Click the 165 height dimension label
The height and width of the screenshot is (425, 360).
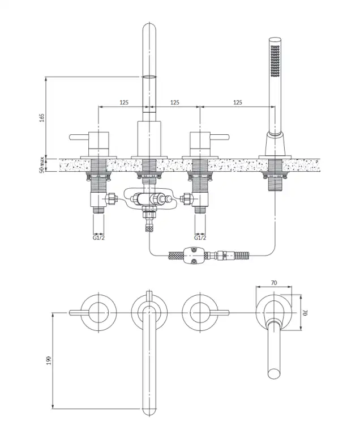click(42, 118)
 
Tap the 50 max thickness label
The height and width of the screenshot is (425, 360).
click(42, 164)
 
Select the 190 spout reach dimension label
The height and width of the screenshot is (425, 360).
click(49, 360)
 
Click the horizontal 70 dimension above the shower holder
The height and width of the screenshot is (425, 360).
click(274, 283)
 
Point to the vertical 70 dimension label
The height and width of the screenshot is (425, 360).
click(305, 312)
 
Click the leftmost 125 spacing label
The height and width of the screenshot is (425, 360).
click(124, 103)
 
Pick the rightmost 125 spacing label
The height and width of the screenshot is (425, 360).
click(238, 103)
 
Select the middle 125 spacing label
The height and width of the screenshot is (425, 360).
click(175, 103)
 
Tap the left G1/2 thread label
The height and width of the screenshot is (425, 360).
click(98, 237)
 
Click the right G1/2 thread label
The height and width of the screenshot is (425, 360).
click(200, 237)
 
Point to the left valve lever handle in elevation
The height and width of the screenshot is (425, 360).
click(79, 137)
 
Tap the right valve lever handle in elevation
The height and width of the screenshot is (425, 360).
click(220, 137)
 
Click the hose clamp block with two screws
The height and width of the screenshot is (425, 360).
click(193, 256)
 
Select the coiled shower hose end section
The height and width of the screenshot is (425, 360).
click(242, 255)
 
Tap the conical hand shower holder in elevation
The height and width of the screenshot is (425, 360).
click(275, 144)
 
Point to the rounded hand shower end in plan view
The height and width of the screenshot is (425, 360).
click(274, 373)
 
